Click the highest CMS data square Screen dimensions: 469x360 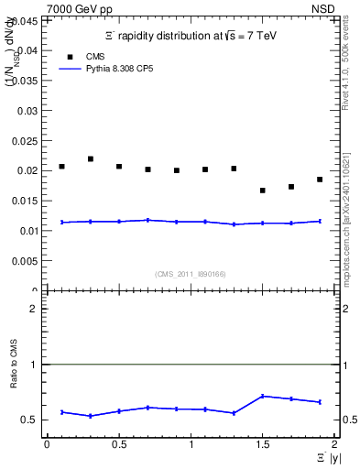tap(91, 159)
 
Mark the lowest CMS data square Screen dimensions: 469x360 tap(263, 191)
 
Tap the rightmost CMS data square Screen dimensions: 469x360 tap(320, 180)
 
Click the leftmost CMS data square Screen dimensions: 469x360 tap(61, 167)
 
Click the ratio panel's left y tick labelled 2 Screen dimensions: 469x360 tap(37, 309)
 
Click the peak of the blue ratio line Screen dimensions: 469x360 tap(263, 396)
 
